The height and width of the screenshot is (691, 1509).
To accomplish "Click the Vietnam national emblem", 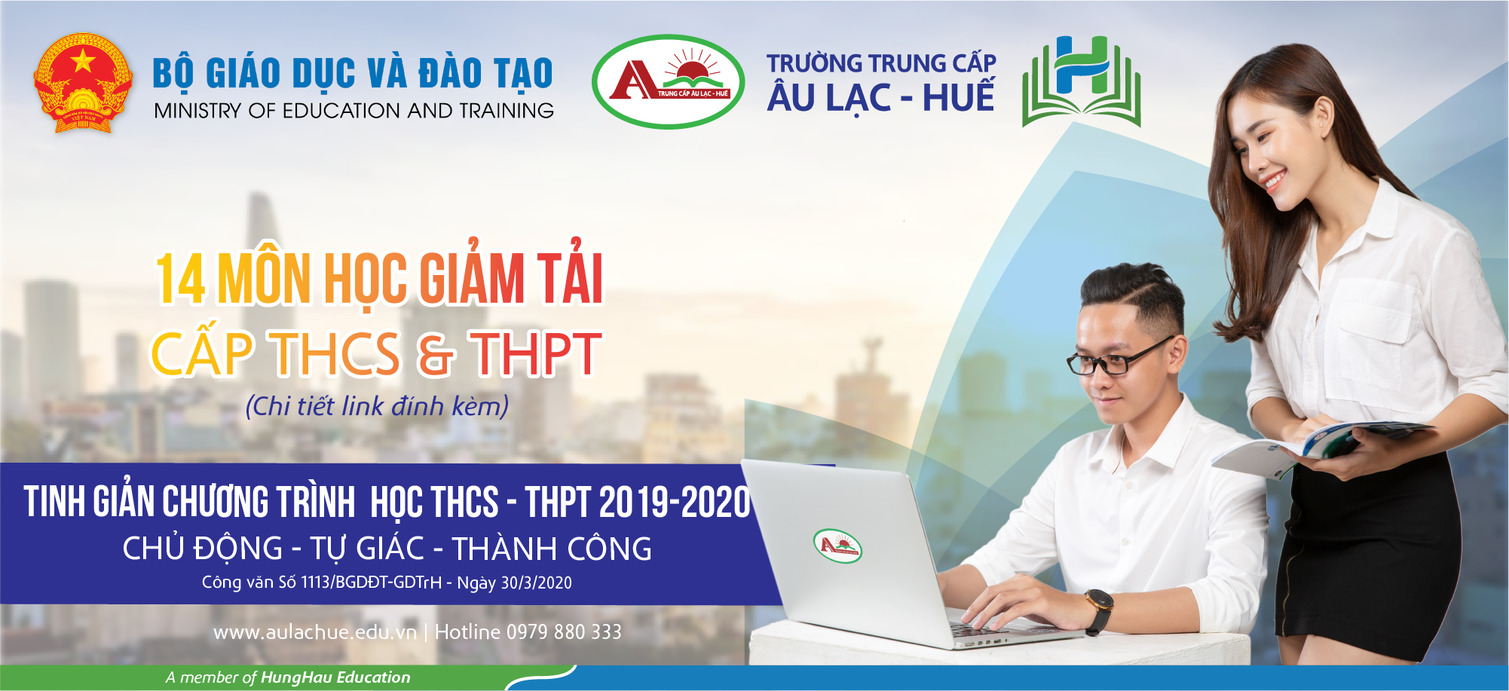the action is (83, 83).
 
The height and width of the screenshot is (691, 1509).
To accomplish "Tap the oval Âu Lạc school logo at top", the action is (668, 81).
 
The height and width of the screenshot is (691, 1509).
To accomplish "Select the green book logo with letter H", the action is (1082, 81).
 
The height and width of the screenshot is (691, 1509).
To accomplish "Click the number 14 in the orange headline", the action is (181, 279).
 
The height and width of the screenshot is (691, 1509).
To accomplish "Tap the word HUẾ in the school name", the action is (959, 96).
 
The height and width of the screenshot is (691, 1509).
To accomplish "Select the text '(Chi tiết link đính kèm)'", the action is (377, 406).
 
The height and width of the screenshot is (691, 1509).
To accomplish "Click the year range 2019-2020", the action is (675, 503).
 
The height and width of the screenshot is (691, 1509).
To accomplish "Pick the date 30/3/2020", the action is (536, 582).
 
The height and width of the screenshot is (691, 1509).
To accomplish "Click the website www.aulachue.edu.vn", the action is (315, 631).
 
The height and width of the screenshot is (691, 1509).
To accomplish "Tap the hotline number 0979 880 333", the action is (564, 631).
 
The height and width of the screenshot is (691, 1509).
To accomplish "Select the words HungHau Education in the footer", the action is (335, 677).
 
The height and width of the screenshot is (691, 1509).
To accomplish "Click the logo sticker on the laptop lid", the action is (837, 546).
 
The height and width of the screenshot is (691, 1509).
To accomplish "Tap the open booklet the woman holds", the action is (1323, 445).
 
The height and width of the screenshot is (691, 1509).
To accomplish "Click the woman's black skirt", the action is (1364, 558).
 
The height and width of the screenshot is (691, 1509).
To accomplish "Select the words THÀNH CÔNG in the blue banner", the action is (552, 549).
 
